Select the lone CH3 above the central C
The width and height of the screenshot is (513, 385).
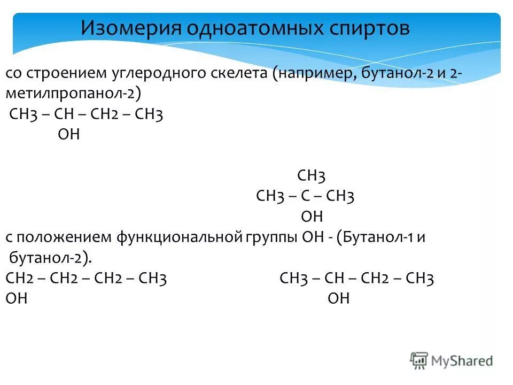[311, 176]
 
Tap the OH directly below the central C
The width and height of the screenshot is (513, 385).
[312, 217]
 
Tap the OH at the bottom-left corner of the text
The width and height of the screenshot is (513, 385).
[17, 298]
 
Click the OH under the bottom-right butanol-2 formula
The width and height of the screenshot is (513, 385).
[338, 298]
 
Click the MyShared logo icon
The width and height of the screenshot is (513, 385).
[419, 360]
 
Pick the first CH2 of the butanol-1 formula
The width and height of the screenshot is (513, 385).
[20, 278]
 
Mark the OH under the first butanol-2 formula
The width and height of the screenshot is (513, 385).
[68, 134]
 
